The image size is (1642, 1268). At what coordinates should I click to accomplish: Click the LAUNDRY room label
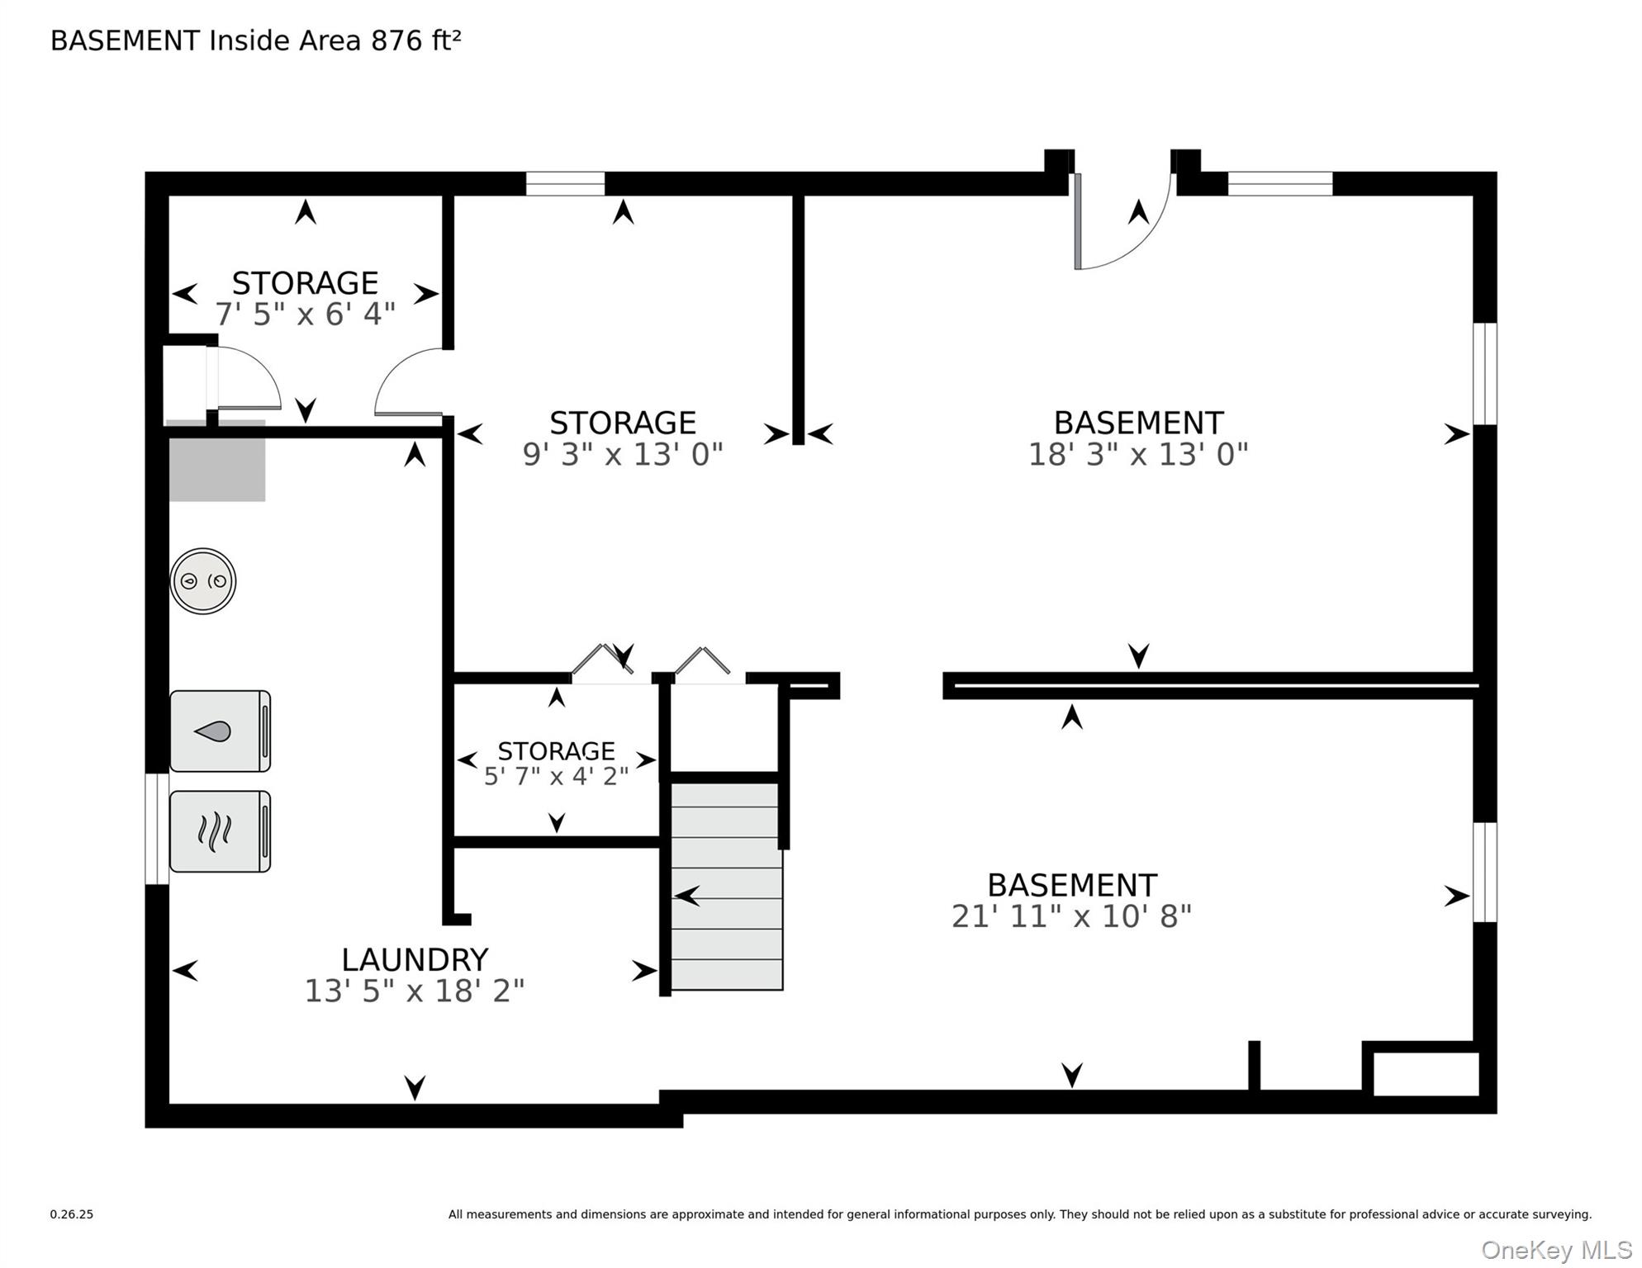coord(415,959)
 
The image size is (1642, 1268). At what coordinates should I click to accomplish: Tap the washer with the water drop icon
coord(220,731)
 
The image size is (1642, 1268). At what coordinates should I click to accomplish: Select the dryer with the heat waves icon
coord(220,831)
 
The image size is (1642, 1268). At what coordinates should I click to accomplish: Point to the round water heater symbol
coord(203,581)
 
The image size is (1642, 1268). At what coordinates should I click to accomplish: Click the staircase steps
coord(727,886)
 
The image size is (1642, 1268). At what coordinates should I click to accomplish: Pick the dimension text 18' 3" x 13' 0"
coord(1138,454)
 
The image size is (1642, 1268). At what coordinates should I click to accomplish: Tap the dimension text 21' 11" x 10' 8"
coord(1072,916)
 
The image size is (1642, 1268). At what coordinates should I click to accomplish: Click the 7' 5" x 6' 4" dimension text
coord(306,314)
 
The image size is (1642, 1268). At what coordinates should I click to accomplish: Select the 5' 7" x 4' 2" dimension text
coord(556,776)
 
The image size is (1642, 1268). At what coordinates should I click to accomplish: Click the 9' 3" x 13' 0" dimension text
coord(623,454)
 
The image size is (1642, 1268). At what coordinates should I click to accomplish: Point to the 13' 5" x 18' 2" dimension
coord(415,991)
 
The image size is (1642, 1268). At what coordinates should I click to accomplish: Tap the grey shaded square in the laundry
coord(216,461)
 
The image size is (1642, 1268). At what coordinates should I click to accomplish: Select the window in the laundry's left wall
coord(157,829)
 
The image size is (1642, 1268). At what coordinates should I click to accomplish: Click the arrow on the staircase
coord(687,895)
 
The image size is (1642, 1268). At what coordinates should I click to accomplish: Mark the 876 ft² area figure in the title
coord(416,40)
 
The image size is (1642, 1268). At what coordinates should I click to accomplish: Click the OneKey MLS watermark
coord(1556,1250)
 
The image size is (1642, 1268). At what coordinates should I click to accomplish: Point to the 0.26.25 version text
coord(72,1214)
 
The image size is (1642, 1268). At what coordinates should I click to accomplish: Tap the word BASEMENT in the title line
coord(126,40)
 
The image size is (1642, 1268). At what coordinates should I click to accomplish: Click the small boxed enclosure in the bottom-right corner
coord(1426,1073)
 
